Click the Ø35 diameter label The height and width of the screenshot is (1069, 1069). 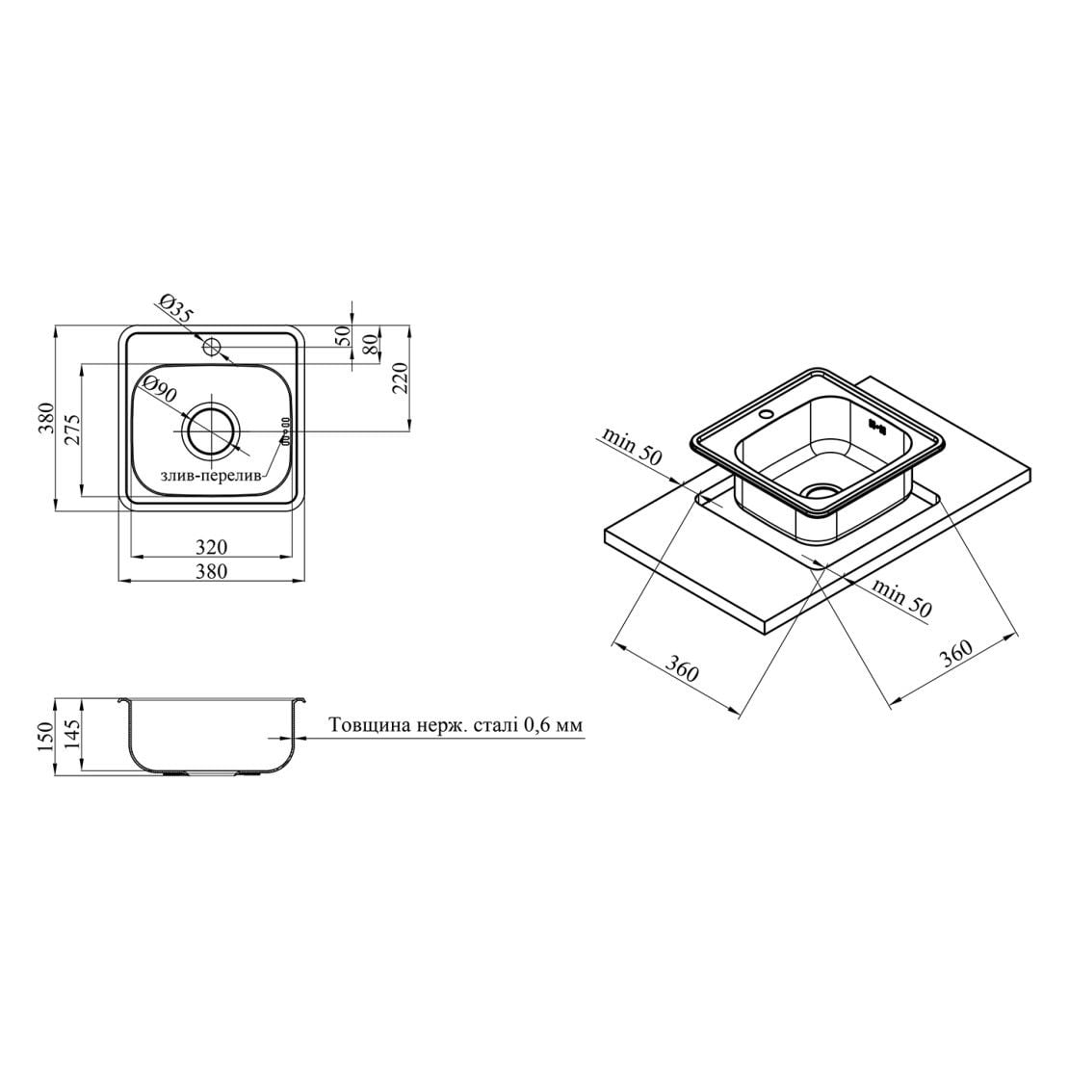pyautogui.click(x=175, y=307)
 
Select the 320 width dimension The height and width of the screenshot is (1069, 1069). pyautogui.click(x=211, y=547)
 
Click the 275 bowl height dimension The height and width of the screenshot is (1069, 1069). pyautogui.click(x=73, y=430)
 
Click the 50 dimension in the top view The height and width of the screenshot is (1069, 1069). pyautogui.click(x=344, y=335)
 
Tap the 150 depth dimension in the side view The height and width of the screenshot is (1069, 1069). pyautogui.click(x=45, y=736)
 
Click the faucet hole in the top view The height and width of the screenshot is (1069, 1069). pyautogui.click(x=212, y=347)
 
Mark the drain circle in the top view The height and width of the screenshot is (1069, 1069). pyautogui.click(x=211, y=431)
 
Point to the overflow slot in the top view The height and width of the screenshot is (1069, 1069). pyautogui.click(x=286, y=430)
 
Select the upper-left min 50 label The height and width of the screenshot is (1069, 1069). pyautogui.click(x=632, y=447)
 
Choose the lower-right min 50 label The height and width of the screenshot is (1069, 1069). pyautogui.click(x=900, y=598)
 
